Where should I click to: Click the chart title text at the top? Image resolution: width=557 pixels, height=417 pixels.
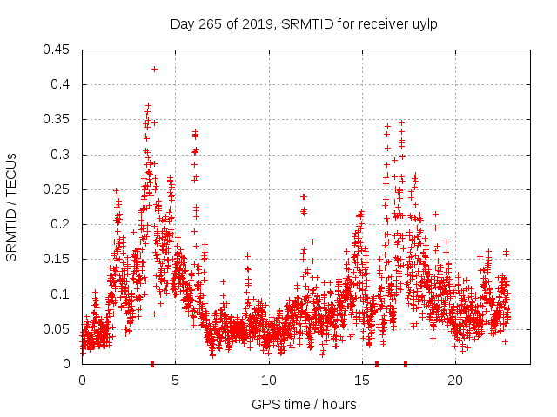(x=303, y=23)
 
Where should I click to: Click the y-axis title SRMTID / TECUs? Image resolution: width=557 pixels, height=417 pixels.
(x=12, y=207)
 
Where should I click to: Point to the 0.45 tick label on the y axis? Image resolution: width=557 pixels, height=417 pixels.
(x=57, y=50)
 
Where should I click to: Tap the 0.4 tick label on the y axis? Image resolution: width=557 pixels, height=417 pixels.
(x=61, y=84)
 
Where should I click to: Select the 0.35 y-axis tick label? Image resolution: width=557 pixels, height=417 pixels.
(x=57, y=120)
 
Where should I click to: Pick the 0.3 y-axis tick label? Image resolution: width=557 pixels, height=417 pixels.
(x=61, y=155)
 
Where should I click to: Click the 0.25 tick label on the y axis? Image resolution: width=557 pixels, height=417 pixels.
(x=57, y=189)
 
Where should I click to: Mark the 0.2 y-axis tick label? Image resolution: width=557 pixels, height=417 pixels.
(x=61, y=224)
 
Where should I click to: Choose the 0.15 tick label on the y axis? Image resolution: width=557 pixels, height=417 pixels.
(x=57, y=260)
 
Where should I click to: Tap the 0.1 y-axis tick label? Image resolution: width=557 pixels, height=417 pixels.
(x=61, y=295)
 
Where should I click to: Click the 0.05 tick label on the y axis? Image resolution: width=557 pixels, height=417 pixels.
(x=57, y=329)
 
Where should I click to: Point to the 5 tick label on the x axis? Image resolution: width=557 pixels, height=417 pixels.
(x=175, y=381)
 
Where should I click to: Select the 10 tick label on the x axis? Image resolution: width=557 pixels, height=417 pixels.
(x=268, y=381)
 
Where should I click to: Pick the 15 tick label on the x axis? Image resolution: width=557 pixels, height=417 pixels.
(x=362, y=381)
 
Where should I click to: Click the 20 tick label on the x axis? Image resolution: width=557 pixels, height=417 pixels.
(x=455, y=381)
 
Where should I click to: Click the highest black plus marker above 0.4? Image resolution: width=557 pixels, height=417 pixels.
(x=154, y=69)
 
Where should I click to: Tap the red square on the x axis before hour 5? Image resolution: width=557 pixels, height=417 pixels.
(x=152, y=364)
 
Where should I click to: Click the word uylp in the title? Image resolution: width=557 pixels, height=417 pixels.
(x=423, y=23)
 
